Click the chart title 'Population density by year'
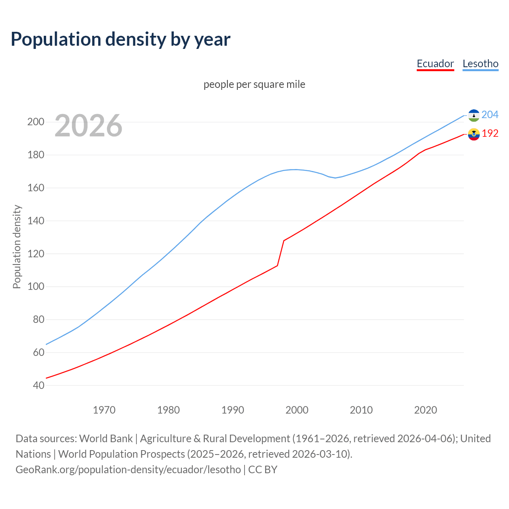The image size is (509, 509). click(120, 39)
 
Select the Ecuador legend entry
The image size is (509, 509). click(435, 64)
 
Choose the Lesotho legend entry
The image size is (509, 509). click(480, 64)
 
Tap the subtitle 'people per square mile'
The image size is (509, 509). click(254, 84)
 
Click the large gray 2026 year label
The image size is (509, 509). click(88, 126)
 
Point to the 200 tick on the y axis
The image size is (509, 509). click(36, 122)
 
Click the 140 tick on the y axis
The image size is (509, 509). click(36, 221)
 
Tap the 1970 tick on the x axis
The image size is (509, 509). click(104, 410)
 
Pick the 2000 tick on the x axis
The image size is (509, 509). click(297, 410)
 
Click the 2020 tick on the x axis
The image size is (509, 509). click(425, 410)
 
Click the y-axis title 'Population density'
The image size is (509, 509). click(17, 247)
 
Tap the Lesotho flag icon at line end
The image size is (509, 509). click(474, 115)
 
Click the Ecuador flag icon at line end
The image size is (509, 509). click(474, 134)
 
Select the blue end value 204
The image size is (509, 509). click(490, 115)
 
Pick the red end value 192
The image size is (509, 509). click(490, 134)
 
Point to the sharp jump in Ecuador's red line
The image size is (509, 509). click(281, 253)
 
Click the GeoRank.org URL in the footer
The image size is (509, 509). click(128, 470)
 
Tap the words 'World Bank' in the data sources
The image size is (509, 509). click(106, 439)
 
